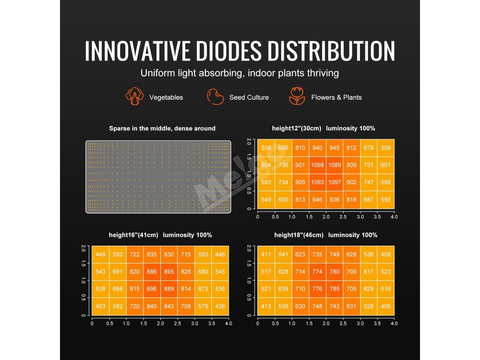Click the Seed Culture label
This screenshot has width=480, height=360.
point(249,97)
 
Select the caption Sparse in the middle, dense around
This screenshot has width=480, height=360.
point(162,128)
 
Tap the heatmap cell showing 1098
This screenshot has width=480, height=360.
point(318,165)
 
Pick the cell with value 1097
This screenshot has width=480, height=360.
point(335,182)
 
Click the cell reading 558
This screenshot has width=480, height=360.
point(266,148)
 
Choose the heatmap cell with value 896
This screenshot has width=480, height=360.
point(152,289)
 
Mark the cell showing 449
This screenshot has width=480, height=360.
point(100,255)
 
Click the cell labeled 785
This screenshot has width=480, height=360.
point(335,289)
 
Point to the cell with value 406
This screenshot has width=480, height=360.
point(386,307)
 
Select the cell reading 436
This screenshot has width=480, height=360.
point(220,307)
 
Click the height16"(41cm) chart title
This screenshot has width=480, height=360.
point(158,235)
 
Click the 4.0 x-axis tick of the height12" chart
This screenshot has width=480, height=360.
point(394,217)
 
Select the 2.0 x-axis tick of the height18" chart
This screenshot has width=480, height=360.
point(326,324)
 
